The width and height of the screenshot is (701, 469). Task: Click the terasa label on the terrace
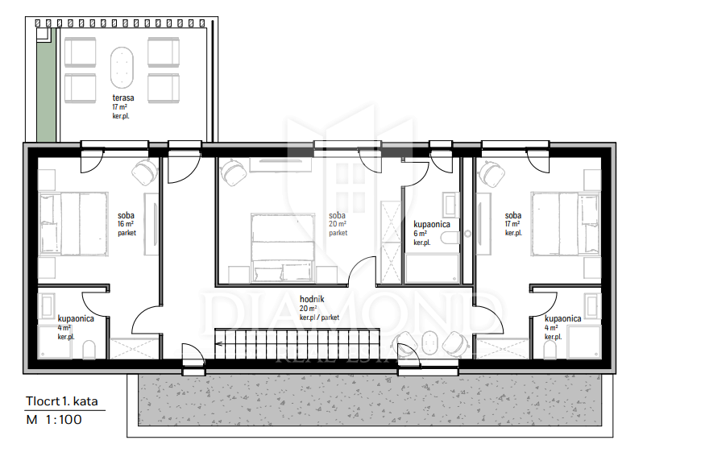click(123, 98)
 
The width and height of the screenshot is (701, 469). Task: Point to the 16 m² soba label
click(126, 216)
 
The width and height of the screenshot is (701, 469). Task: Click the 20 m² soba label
click(337, 216)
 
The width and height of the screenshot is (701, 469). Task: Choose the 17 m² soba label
click(513, 216)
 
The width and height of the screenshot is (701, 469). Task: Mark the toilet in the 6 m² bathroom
click(450, 237)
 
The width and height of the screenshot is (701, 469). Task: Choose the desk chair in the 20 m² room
click(234, 172)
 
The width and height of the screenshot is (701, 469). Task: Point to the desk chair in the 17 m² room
click(492, 172)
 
